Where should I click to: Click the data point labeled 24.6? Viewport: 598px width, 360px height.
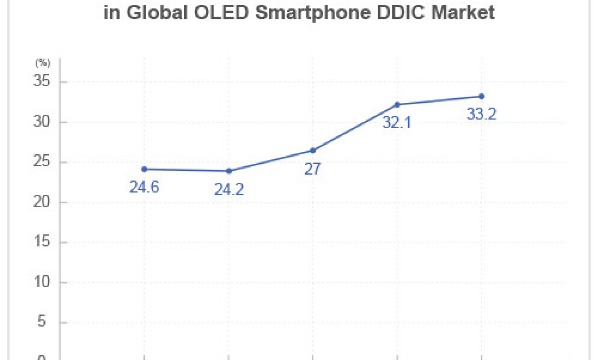click(x=144, y=169)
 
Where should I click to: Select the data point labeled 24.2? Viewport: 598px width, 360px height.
click(x=229, y=171)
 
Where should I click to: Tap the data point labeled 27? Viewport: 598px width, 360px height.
click(x=313, y=150)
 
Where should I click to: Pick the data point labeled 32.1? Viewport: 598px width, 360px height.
click(x=397, y=104)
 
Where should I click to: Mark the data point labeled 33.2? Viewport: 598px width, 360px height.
click(x=481, y=96)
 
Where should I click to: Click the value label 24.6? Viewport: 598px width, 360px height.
click(x=144, y=187)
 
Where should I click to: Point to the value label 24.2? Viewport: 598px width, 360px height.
click(x=229, y=190)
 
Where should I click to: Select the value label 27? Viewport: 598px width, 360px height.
click(x=313, y=169)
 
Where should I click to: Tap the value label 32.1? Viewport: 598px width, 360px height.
click(x=397, y=123)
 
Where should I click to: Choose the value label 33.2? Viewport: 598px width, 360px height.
click(x=481, y=114)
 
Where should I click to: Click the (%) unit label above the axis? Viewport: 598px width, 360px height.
click(x=42, y=63)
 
